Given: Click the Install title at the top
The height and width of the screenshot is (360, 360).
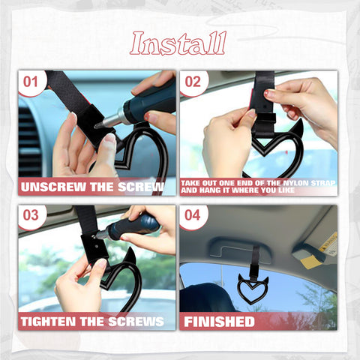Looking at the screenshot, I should tap(178, 43).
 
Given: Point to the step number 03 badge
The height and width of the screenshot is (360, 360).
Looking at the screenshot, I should tap(30, 215).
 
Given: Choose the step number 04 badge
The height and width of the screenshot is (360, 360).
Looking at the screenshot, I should tap(193, 215).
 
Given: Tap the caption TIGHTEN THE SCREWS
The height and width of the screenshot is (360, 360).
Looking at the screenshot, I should tap(94, 321).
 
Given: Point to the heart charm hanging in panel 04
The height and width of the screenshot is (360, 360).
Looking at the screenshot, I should tap(253, 290).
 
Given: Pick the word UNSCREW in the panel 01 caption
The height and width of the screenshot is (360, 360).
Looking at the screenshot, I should tap(54, 187).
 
